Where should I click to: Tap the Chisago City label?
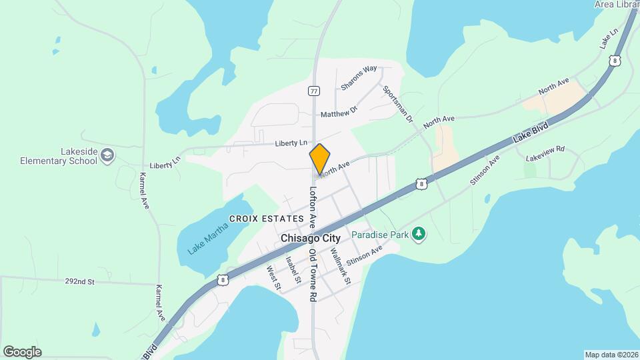point(311,238)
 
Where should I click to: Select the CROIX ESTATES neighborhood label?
point(266,219)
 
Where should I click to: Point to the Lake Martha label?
point(207,237)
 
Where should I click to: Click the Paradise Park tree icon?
point(419,233)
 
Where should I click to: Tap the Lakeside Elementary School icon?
point(107,156)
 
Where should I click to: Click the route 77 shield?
point(314,90)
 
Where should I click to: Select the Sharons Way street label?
point(359,77)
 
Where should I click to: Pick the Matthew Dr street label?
point(339,112)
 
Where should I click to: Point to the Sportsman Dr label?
point(399,105)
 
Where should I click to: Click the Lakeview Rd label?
point(545,154)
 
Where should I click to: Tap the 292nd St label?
point(79,282)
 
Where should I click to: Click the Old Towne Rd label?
point(313,275)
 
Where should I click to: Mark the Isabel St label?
point(293,269)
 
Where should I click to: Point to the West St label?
point(273,278)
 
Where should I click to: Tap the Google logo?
point(22,351)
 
